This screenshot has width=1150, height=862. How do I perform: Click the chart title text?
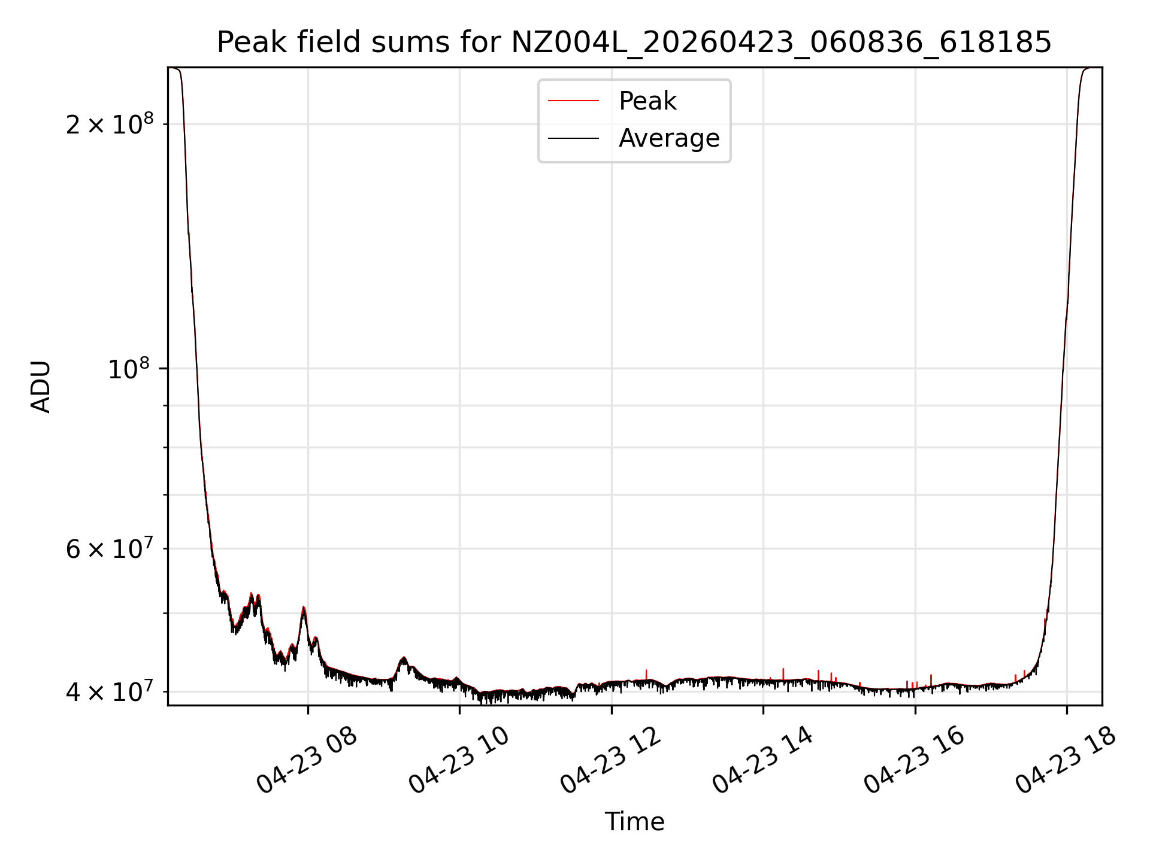point(634,43)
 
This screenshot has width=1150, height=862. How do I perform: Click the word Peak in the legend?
point(647,101)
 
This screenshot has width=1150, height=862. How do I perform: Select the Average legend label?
point(668,138)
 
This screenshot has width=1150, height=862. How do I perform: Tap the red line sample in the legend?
point(573,101)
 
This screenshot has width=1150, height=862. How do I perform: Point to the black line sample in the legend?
point(573,138)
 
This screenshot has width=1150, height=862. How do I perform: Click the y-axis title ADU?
point(41,387)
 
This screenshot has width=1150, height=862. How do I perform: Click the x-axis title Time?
point(634,822)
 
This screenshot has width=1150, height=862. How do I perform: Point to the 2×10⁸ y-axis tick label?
point(109,125)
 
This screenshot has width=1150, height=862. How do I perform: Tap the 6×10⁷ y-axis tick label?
point(109,549)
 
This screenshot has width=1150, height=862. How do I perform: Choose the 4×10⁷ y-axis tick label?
point(109,692)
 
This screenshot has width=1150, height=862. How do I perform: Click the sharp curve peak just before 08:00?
point(304,608)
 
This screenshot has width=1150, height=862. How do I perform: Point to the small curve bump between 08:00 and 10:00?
point(404,659)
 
